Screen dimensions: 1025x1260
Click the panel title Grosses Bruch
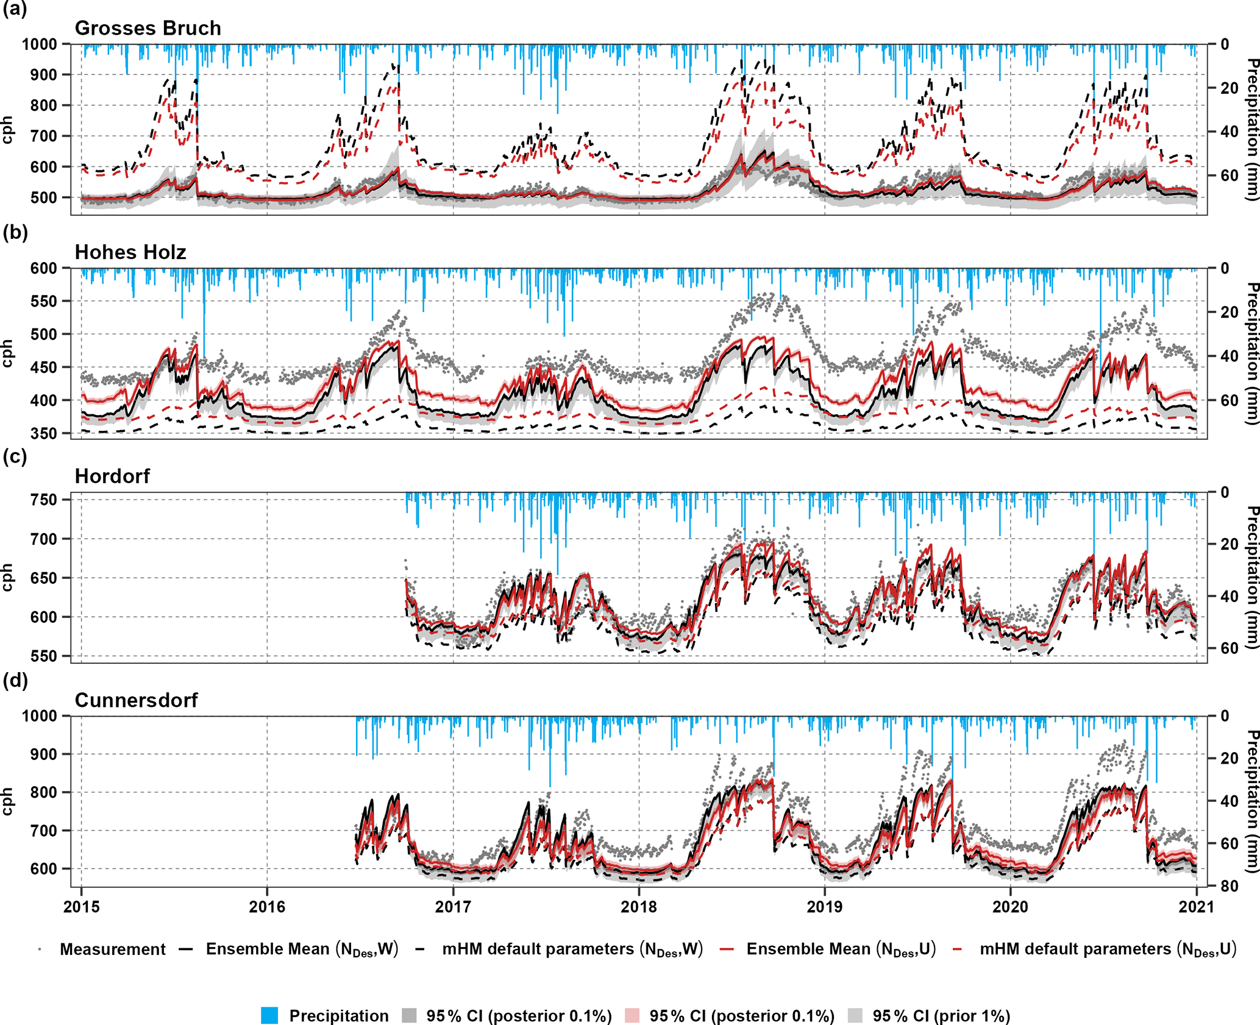coord(148,28)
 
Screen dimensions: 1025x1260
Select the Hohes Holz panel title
coord(130,252)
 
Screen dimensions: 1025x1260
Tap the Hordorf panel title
coord(112,476)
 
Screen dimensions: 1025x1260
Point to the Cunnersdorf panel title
coord(136,700)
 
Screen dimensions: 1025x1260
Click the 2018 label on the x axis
coord(639,907)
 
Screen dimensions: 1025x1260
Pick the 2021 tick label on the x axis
coord(1196,907)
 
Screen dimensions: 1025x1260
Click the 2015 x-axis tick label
coord(82,907)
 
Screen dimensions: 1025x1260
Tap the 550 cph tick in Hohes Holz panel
coord(43,302)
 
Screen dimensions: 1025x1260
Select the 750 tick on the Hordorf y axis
coord(43,500)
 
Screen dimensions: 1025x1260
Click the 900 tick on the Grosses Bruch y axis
coord(43,75)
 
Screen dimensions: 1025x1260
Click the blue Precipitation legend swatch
coord(269,1015)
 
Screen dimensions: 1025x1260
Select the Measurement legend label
coord(113,949)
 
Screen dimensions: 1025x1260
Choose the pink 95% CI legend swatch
coord(633,1015)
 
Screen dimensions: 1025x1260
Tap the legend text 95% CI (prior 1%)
coord(941,1016)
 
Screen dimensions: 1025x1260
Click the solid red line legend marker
coord(725,949)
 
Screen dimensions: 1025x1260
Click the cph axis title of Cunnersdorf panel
coord(7,801)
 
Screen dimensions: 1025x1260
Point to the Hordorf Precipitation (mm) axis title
coord(1251,576)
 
